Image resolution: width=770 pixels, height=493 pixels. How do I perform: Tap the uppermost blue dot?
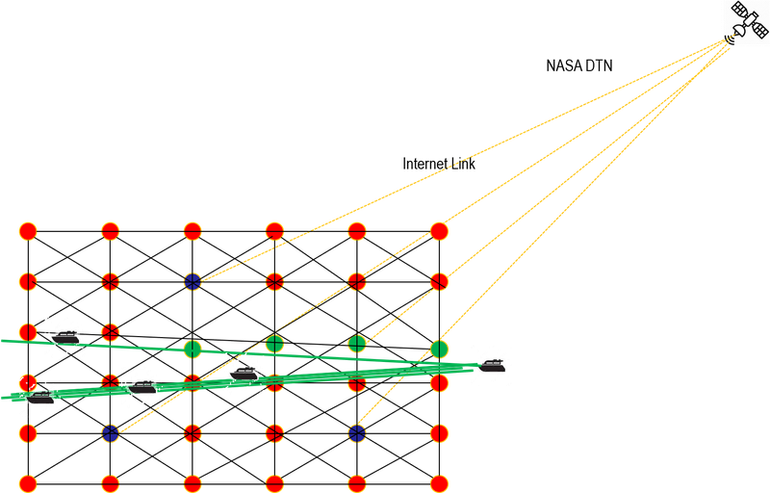(x=192, y=281)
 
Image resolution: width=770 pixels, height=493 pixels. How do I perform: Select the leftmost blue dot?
(x=110, y=432)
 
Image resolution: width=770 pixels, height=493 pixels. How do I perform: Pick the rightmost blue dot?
(x=357, y=432)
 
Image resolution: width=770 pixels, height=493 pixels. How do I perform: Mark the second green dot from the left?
(x=274, y=343)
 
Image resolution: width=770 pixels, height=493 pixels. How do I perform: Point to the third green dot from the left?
(x=357, y=343)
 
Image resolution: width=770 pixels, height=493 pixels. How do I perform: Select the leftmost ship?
(x=39, y=396)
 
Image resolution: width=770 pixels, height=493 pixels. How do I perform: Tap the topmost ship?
(x=65, y=334)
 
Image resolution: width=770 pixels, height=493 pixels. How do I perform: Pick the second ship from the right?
(x=243, y=370)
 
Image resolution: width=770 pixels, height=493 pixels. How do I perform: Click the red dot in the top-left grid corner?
(x=27, y=231)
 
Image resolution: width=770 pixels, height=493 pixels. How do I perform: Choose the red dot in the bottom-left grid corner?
(x=27, y=482)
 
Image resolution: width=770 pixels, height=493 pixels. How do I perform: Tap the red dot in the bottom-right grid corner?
(x=440, y=482)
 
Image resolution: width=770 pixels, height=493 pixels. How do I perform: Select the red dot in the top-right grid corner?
(x=440, y=231)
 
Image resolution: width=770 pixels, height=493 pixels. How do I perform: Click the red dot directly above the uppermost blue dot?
(x=192, y=231)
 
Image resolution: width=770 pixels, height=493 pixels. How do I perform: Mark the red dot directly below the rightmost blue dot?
(x=357, y=482)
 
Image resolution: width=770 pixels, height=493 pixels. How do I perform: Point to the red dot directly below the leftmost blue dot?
(x=110, y=482)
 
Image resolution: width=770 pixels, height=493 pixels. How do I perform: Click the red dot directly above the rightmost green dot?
(x=440, y=281)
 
